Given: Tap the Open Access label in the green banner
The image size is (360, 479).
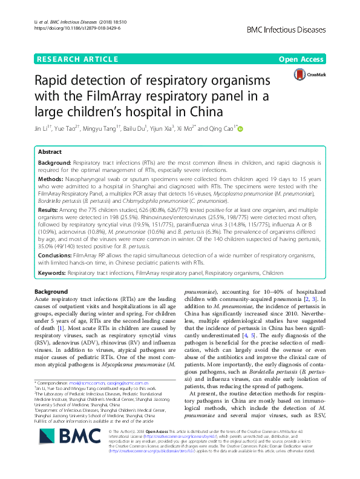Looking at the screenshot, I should pos(301,59).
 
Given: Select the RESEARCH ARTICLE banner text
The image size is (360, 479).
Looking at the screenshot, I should pos(77,59).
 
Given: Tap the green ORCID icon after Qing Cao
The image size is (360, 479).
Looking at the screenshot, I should pos(240,128).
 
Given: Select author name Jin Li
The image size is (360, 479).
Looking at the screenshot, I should pos(43,128).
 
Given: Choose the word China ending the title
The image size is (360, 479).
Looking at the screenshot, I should pos(208,113).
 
